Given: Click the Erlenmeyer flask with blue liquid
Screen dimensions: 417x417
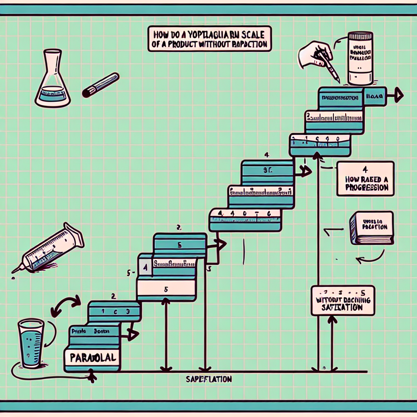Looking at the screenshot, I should coord(52,81).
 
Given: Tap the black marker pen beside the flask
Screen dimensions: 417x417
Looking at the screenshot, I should coord(100,85).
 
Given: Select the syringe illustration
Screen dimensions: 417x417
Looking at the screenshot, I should coord(49,248).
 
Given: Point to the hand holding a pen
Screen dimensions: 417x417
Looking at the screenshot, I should coord(316,55).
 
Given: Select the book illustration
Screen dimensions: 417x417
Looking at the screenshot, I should coord(371,228).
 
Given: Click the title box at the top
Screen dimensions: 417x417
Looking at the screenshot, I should coord(210,40).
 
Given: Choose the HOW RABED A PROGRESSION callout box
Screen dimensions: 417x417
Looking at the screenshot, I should coord(366,178).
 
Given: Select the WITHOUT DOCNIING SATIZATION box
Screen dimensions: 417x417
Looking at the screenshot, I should coord(342,301).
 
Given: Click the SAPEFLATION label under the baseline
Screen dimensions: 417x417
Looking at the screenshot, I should coord(208,379).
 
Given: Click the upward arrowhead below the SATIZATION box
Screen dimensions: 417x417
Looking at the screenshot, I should coord(332,320).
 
